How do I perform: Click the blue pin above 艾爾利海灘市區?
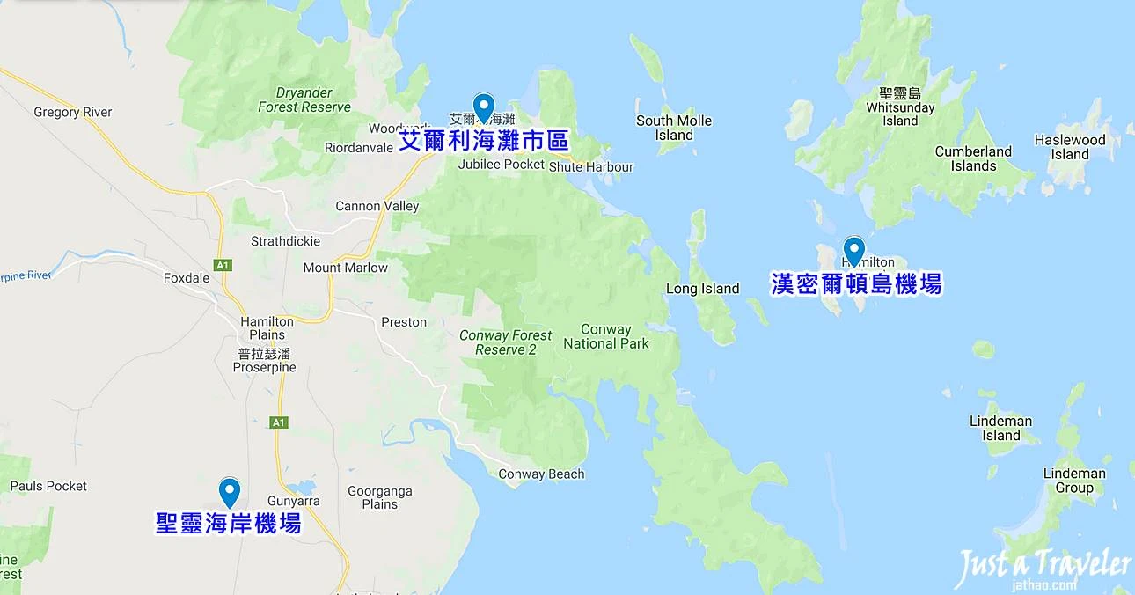483,107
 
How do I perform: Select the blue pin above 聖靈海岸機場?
230,491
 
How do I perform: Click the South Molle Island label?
674,128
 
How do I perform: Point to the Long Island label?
702,289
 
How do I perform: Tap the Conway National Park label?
606,336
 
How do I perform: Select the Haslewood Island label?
1070,147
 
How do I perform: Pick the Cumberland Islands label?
973,158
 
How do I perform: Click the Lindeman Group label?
1074,481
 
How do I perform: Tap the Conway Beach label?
541,474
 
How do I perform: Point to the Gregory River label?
73,113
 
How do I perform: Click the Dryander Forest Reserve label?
304,99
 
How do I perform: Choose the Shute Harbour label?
590,167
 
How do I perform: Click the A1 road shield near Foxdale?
222,263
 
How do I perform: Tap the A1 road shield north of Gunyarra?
279,422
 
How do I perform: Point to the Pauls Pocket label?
48,486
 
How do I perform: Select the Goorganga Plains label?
380,497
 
